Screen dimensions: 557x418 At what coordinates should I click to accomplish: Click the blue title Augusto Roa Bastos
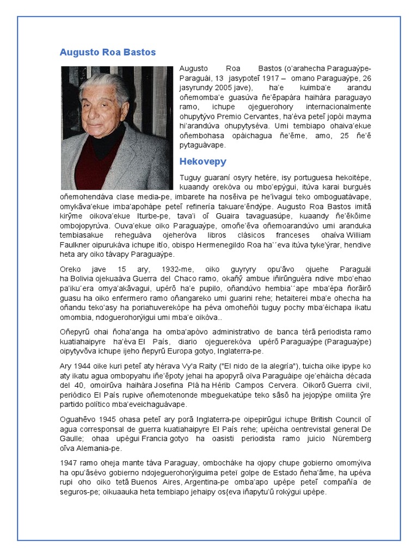107,52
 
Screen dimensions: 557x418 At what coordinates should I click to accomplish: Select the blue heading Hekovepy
202,162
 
